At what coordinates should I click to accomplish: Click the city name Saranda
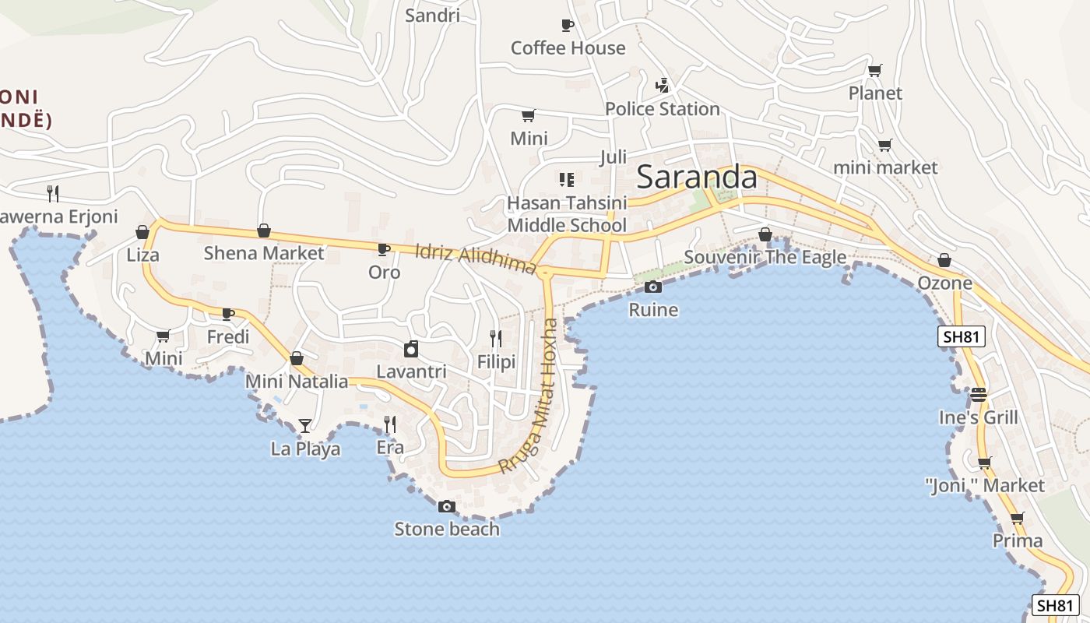tap(697, 178)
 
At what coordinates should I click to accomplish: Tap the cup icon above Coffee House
tap(567, 25)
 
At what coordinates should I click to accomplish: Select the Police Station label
tap(662, 109)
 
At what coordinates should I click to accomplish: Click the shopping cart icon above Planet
tap(874, 71)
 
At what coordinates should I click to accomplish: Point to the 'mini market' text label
tap(885, 167)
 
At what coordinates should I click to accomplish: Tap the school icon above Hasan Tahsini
tap(566, 180)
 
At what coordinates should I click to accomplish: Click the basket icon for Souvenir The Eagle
tap(765, 234)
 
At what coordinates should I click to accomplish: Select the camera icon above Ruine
tap(653, 287)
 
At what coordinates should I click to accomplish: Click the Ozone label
tap(945, 283)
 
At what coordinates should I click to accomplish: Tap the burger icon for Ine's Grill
tap(979, 394)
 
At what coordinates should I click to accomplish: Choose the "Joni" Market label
tap(985, 486)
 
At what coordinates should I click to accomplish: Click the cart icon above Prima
tap(1017, 518)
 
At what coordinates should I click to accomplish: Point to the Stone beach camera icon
tap(446, 506)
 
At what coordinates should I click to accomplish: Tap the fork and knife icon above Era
tap(390, 424)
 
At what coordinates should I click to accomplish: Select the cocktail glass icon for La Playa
tap(305, 425)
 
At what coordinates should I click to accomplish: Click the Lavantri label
tap(411, 372)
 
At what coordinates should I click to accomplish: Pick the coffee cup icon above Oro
tap(383, 249)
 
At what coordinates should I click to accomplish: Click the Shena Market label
tap(263, 253)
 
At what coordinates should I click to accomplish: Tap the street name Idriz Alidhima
tap(476, 259)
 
